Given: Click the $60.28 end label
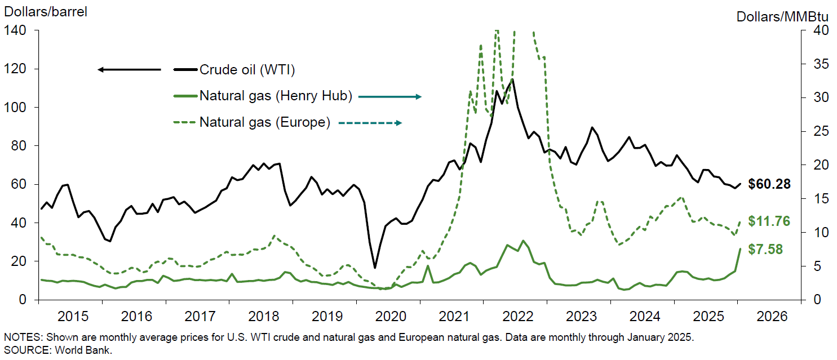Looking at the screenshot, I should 769,184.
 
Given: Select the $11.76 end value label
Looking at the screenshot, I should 769,221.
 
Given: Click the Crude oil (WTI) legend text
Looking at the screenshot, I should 247,70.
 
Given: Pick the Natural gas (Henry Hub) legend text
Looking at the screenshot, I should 276,96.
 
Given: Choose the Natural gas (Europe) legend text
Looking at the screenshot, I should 264,122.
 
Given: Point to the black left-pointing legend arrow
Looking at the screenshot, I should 129,70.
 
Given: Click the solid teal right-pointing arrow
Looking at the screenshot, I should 390,97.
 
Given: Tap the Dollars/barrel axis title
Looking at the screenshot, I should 46,12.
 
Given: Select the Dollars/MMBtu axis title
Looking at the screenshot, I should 786,16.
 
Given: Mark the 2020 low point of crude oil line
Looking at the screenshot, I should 375,268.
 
